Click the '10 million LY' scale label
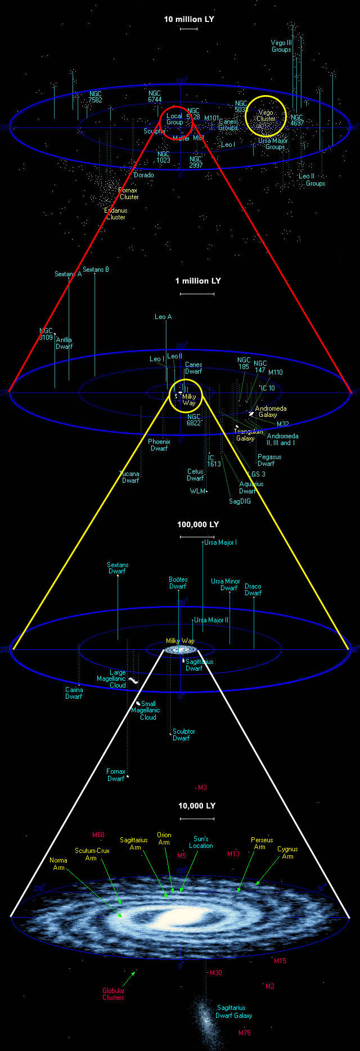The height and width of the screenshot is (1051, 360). (189, 19)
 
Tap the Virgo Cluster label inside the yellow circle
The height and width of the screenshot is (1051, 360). (266, 115)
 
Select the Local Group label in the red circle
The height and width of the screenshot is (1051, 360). (174, 119)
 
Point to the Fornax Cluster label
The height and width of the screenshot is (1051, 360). (129, 194)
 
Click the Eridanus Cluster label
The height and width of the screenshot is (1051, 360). (116, 214)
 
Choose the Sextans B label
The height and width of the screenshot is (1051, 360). (96, 270)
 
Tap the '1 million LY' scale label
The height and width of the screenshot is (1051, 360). (198, 281)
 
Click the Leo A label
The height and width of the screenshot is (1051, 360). (163, 317)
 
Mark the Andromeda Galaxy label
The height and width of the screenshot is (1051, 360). (271, 412)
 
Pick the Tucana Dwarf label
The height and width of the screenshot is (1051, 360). (130, 477)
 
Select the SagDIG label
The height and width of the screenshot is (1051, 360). (240, 501)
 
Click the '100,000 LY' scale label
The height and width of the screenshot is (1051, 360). (198, 524)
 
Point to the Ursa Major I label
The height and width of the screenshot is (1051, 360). (220, 542)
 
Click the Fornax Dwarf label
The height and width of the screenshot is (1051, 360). (116, 775)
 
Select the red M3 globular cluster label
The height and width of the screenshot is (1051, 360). (202, 787)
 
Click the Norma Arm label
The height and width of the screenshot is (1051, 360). (58, 864)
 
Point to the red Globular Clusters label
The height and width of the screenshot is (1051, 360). (113, 994)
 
